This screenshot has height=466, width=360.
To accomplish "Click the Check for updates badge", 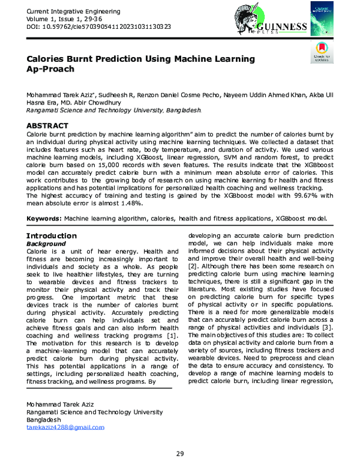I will point(322,53).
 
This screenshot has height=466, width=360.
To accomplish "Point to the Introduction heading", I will point(51,236).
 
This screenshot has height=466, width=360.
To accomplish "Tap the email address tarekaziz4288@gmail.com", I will point(65,427).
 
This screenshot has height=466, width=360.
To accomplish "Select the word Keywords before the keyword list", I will point(44,220).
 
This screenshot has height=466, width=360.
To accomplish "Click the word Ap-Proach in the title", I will point(52,70).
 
